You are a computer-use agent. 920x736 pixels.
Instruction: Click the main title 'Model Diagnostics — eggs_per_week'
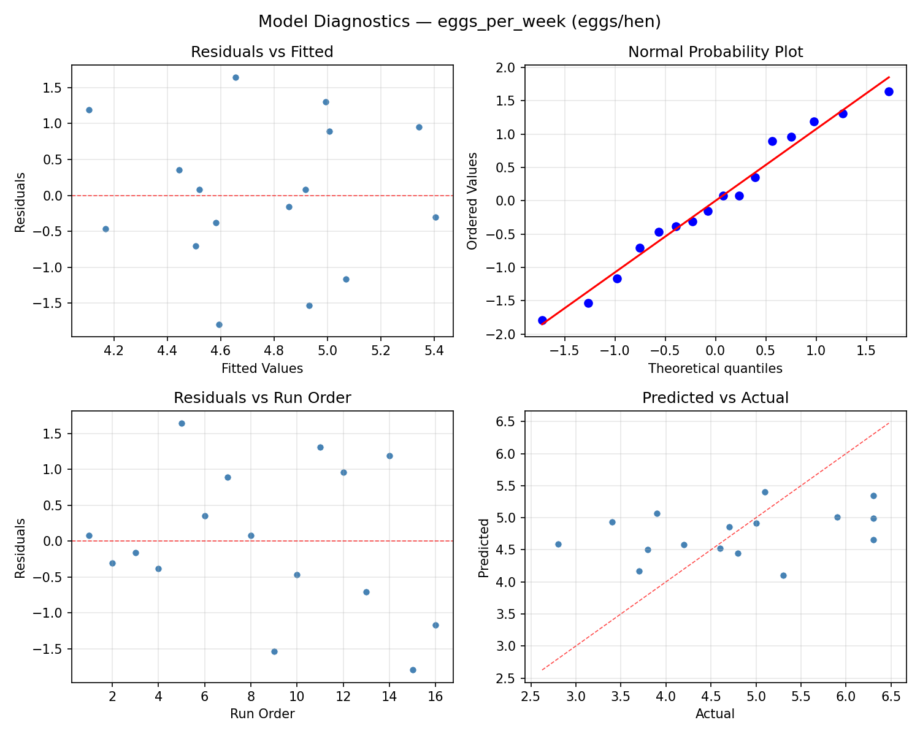(x=459, y=21)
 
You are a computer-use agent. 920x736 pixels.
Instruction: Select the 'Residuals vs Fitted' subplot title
(x=262, y=52)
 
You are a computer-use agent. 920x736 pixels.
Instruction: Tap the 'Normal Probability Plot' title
(x=715, y=52)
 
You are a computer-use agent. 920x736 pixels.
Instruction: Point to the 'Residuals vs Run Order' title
(x=262, y=398)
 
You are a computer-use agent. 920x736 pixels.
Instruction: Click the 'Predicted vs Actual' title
(x=715, y=398)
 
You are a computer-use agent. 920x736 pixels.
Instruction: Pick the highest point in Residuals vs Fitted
(x=236, y=77)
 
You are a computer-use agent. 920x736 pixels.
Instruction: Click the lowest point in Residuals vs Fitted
(x=219, y=324)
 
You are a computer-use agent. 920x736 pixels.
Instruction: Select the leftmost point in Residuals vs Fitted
(x=89, y=110)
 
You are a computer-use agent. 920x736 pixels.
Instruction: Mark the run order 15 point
(x=413, y=670)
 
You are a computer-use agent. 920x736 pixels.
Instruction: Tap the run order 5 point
(x=182, y=423)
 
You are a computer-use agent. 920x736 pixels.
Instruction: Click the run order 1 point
(x=89, y=535)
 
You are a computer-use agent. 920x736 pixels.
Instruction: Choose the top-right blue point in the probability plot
(x=889, y=91)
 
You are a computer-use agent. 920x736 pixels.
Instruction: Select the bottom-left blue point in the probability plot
(x=542, y=320)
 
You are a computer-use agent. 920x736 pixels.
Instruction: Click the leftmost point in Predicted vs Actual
(x=558, y=544)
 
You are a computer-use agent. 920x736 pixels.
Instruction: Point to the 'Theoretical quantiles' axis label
(x=715, y=369)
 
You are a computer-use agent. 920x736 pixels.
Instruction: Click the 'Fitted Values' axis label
(x=262, y=369)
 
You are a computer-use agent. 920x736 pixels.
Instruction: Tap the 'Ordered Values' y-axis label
(x=472, y=201)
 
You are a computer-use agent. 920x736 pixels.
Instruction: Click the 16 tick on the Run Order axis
(x=435, y=697)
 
